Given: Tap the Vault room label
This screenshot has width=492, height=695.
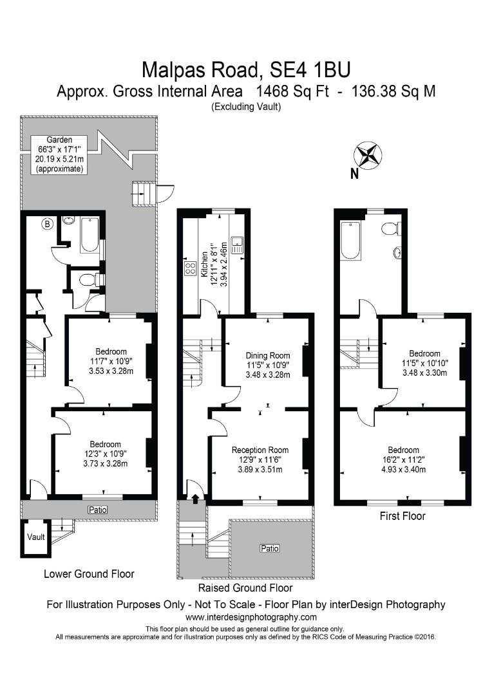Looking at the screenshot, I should point(34,537).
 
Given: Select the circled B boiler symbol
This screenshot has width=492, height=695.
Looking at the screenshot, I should point(46,224).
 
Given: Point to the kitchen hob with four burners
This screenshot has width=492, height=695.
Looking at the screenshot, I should point(191,268).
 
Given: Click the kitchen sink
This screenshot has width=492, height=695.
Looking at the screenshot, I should point(237,243).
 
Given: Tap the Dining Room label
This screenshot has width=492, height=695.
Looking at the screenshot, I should point(268,355).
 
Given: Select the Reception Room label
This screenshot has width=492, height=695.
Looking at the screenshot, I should point(260,450).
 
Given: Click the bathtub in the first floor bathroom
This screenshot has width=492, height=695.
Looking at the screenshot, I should point(350,240).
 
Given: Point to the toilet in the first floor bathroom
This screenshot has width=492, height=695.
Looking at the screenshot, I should point(390,228).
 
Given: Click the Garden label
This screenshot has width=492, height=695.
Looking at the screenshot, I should point(59,139).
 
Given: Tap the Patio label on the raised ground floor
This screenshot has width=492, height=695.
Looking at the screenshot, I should point(270,548).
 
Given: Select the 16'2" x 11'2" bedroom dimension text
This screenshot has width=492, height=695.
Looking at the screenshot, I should point(403,459).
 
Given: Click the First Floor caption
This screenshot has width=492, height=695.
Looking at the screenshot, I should point(402,515).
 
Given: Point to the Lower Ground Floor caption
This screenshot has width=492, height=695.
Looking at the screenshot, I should point(89,573).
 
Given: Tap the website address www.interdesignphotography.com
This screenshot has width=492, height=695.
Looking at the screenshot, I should point(246,617).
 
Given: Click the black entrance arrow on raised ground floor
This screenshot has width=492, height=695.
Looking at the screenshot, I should point(194,496).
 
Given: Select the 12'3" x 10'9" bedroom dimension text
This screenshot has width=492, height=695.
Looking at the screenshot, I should point(105,454).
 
